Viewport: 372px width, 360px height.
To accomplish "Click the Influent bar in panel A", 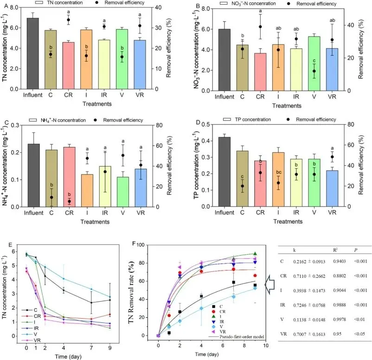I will point(32,53).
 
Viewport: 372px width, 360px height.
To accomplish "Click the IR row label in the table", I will point(284,302).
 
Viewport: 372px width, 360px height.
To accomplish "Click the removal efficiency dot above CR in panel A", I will point(68,20).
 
